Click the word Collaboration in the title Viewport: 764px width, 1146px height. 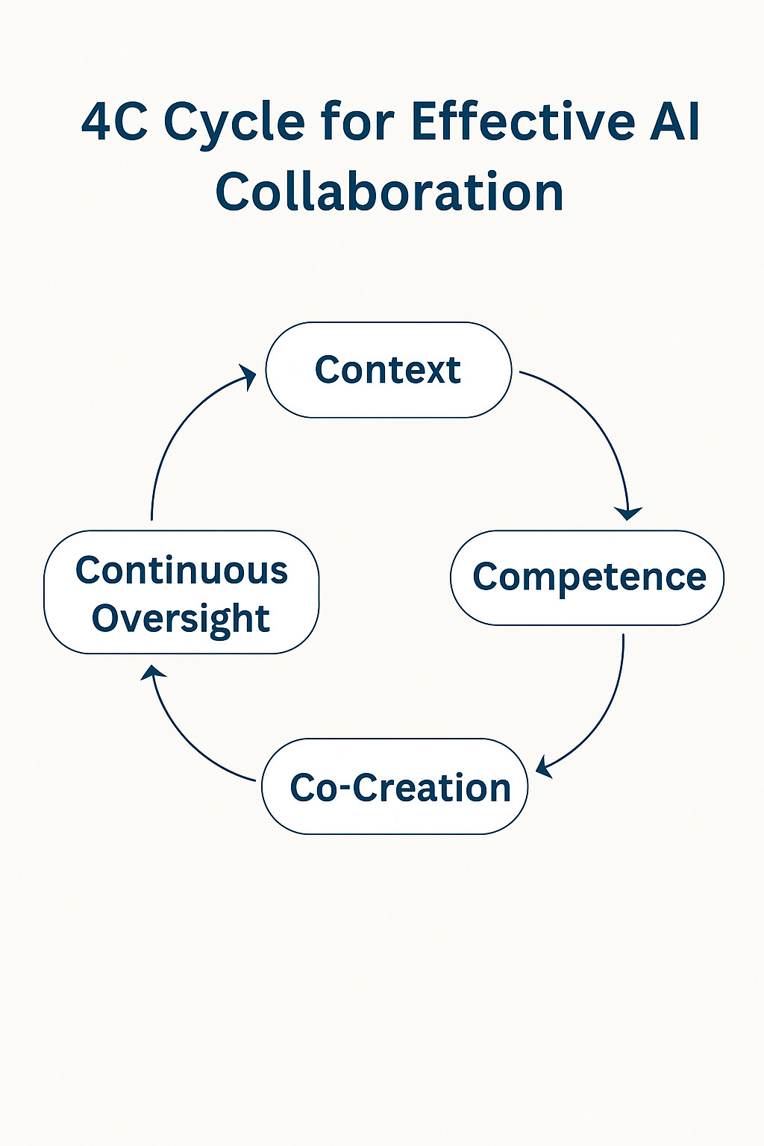[x=389, y=192]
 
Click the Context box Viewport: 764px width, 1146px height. [x=388, y=370]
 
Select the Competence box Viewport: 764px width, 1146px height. [x=587, y=577]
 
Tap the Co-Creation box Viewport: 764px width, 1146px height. [x=395, y=786]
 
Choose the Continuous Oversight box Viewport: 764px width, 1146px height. [x=181, y=592]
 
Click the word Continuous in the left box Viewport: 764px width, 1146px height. [x=181, y=571]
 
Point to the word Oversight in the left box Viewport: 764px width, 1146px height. [x=181, y=619]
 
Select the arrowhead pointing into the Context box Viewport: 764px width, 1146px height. [x=247, y=375]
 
